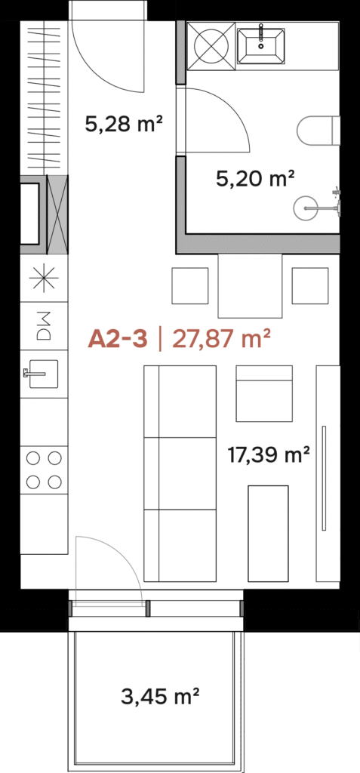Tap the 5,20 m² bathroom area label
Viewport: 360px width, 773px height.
point(255,178)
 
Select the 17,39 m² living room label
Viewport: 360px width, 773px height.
point(269,454)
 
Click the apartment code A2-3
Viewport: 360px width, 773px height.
point(118,340)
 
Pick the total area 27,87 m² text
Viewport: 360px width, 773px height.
point(220,340)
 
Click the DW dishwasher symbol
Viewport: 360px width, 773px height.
point(44,326)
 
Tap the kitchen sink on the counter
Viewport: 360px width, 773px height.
point(43,374)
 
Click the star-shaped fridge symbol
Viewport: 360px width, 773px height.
point(44,278)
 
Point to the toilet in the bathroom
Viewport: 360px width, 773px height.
point(319,131)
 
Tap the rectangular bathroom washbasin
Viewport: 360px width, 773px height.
point(261,46)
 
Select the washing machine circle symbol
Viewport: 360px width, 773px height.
point(211,46)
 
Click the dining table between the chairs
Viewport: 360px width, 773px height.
point(251,286)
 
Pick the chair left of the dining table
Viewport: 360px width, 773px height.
point(190,286)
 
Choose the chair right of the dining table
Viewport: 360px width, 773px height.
point(310,286)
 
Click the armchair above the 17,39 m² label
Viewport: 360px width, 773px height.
point(264,393)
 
